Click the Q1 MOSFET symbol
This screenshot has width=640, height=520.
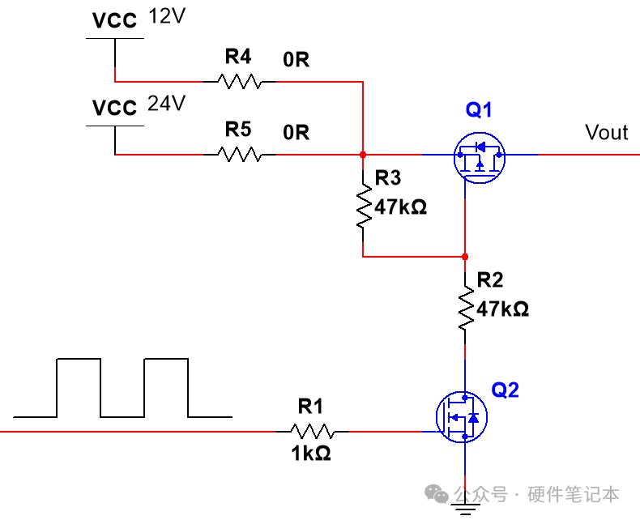click(480, 158)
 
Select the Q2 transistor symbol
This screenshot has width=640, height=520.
click(462, 417)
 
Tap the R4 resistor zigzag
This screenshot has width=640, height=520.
click(240, 82)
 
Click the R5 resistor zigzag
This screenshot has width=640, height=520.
click(240, 155)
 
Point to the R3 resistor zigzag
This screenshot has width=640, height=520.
click(363, 206)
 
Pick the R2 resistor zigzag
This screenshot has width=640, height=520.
click(465, 308)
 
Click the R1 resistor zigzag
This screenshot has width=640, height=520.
click(312, 432)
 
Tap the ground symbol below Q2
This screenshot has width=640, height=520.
click(465, 509)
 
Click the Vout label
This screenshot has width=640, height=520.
click(607, 132)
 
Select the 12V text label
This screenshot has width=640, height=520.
click(167, 16)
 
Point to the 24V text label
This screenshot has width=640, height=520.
click(167, 103)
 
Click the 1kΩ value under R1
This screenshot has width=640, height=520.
click(310, 454)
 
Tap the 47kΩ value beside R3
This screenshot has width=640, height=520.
click(400, 207)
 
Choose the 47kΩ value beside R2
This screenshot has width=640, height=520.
click(502, 309)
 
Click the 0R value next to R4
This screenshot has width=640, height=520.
click(296, 60)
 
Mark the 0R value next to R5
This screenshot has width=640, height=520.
click(296, 132)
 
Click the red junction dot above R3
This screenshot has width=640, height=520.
click(363, 155)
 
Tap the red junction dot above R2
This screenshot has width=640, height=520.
click(465, 257)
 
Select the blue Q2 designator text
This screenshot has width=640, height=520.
click(506, 390)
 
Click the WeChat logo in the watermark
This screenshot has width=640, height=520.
click(437, 493)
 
